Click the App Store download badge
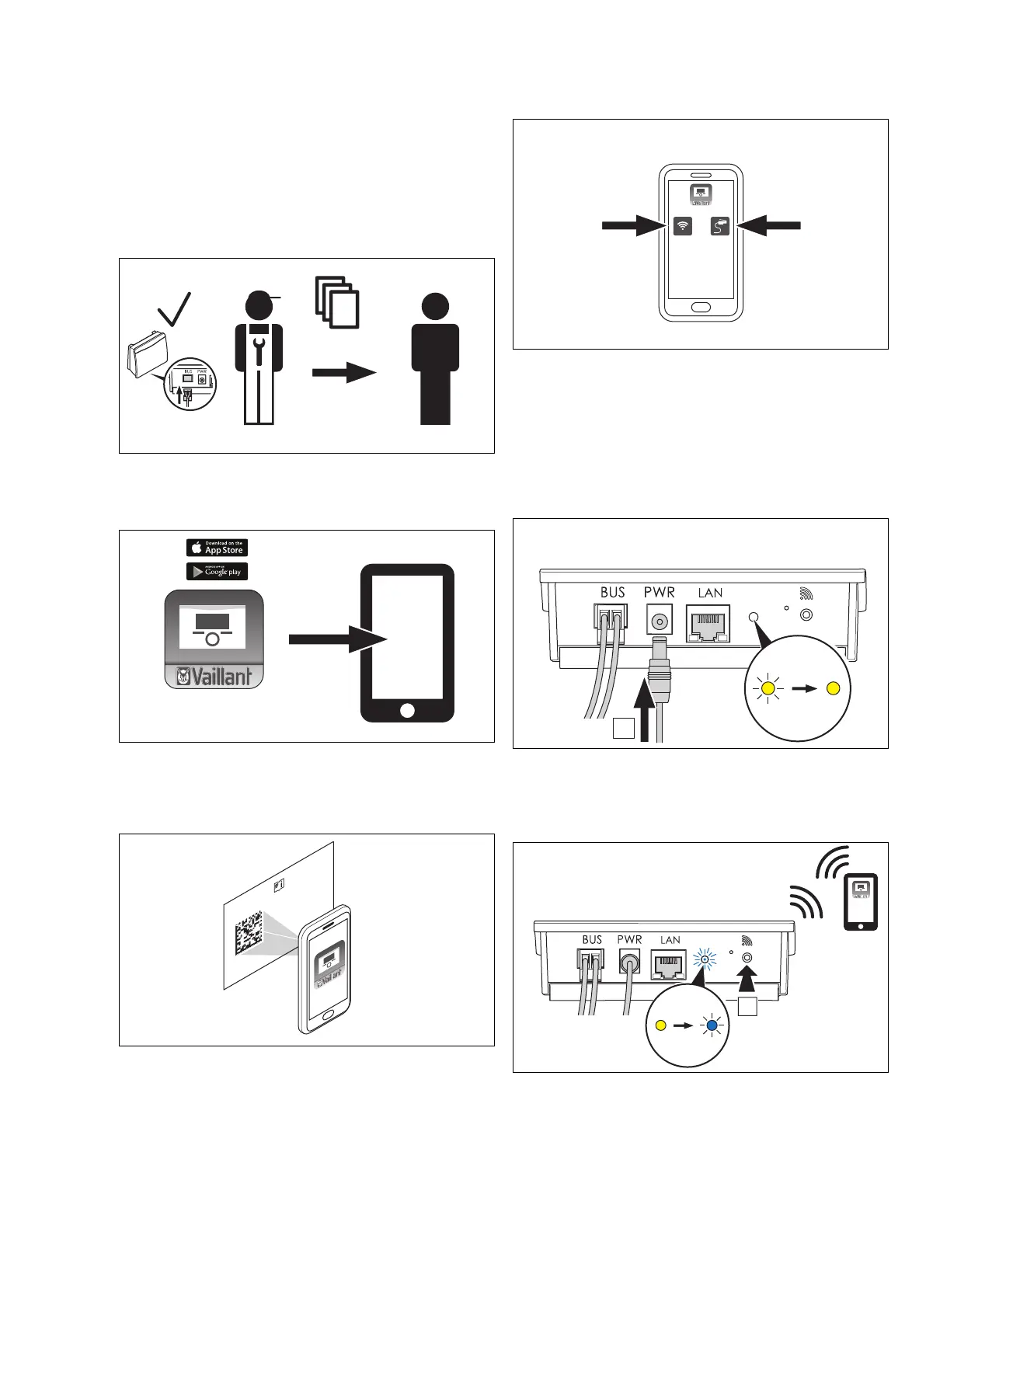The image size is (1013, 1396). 217,548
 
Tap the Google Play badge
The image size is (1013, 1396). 217,572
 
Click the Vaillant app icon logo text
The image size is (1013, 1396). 214,677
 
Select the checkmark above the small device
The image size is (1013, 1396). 175,309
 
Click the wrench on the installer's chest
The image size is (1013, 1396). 259,350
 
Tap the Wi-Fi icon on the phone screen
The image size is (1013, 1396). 683,226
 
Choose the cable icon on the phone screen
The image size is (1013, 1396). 720,226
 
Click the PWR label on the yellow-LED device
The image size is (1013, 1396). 659,592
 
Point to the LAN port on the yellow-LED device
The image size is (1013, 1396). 708,624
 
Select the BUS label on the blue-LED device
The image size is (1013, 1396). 592,940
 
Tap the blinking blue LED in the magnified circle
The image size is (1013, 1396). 712,1025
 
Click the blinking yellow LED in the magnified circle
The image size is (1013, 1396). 768,688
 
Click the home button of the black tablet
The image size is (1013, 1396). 406,710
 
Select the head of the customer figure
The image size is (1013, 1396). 435,307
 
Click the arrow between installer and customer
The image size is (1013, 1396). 344,373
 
